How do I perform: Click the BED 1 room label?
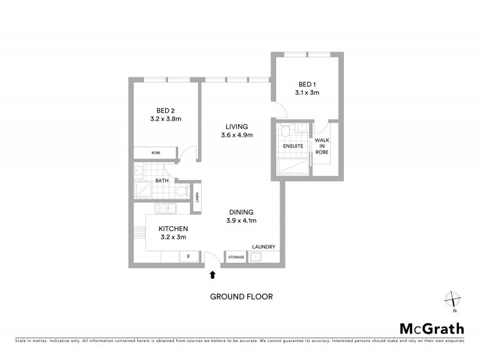307,85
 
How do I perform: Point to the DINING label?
241,212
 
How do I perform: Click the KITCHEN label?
173,229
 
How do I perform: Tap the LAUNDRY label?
263,247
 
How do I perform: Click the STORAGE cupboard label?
236,257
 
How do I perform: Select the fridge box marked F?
188,257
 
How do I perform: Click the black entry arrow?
212,275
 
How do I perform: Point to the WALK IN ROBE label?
322,146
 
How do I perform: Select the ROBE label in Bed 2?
155,153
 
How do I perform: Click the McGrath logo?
431,328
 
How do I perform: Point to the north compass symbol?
452,299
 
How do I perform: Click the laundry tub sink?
256,257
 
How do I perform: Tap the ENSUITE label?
293,146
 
